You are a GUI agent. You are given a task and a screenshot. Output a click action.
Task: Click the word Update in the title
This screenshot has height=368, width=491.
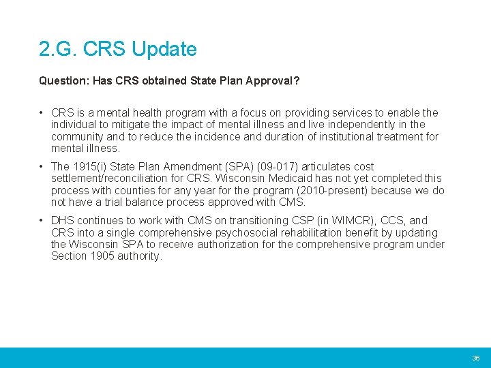pos(164,50)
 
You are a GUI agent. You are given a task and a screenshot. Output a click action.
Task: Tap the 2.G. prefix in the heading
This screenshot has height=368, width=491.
pos(55,50)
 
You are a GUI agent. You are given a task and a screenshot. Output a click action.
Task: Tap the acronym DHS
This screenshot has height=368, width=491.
pos(63,221)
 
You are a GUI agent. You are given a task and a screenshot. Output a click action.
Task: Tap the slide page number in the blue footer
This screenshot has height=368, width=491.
pos(476,358)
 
